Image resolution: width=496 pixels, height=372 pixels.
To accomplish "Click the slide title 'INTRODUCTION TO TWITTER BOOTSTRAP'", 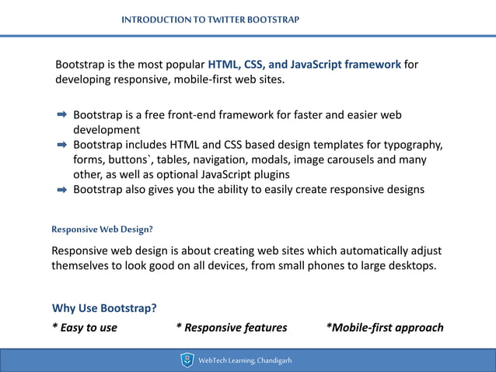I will (x=210, y=19).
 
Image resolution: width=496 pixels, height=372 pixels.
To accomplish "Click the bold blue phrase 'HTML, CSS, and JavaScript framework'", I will (x=305, y=64).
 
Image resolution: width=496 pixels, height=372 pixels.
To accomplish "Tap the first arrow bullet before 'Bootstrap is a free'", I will (x=62, y=115).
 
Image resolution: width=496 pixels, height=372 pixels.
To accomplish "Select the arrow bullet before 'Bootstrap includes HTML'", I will (x=62, y=145).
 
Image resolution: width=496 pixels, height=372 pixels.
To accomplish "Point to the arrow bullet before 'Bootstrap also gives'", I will (x=62, y=189).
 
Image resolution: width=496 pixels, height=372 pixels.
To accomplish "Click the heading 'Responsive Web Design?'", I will (x=102, y=230).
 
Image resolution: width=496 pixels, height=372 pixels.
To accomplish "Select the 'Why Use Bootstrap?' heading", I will (x=104, y=307).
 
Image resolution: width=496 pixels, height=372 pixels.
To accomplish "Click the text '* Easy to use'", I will (x=85, y=327).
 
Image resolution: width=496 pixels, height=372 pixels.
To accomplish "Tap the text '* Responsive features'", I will (x=231, y=327).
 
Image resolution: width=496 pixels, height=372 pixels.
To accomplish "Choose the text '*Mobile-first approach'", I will (x=385, y=327).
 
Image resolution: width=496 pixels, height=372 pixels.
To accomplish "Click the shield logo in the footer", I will (x=187, y=360).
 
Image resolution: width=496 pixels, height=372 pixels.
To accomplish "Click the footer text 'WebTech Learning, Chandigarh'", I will (x=245, y=360).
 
